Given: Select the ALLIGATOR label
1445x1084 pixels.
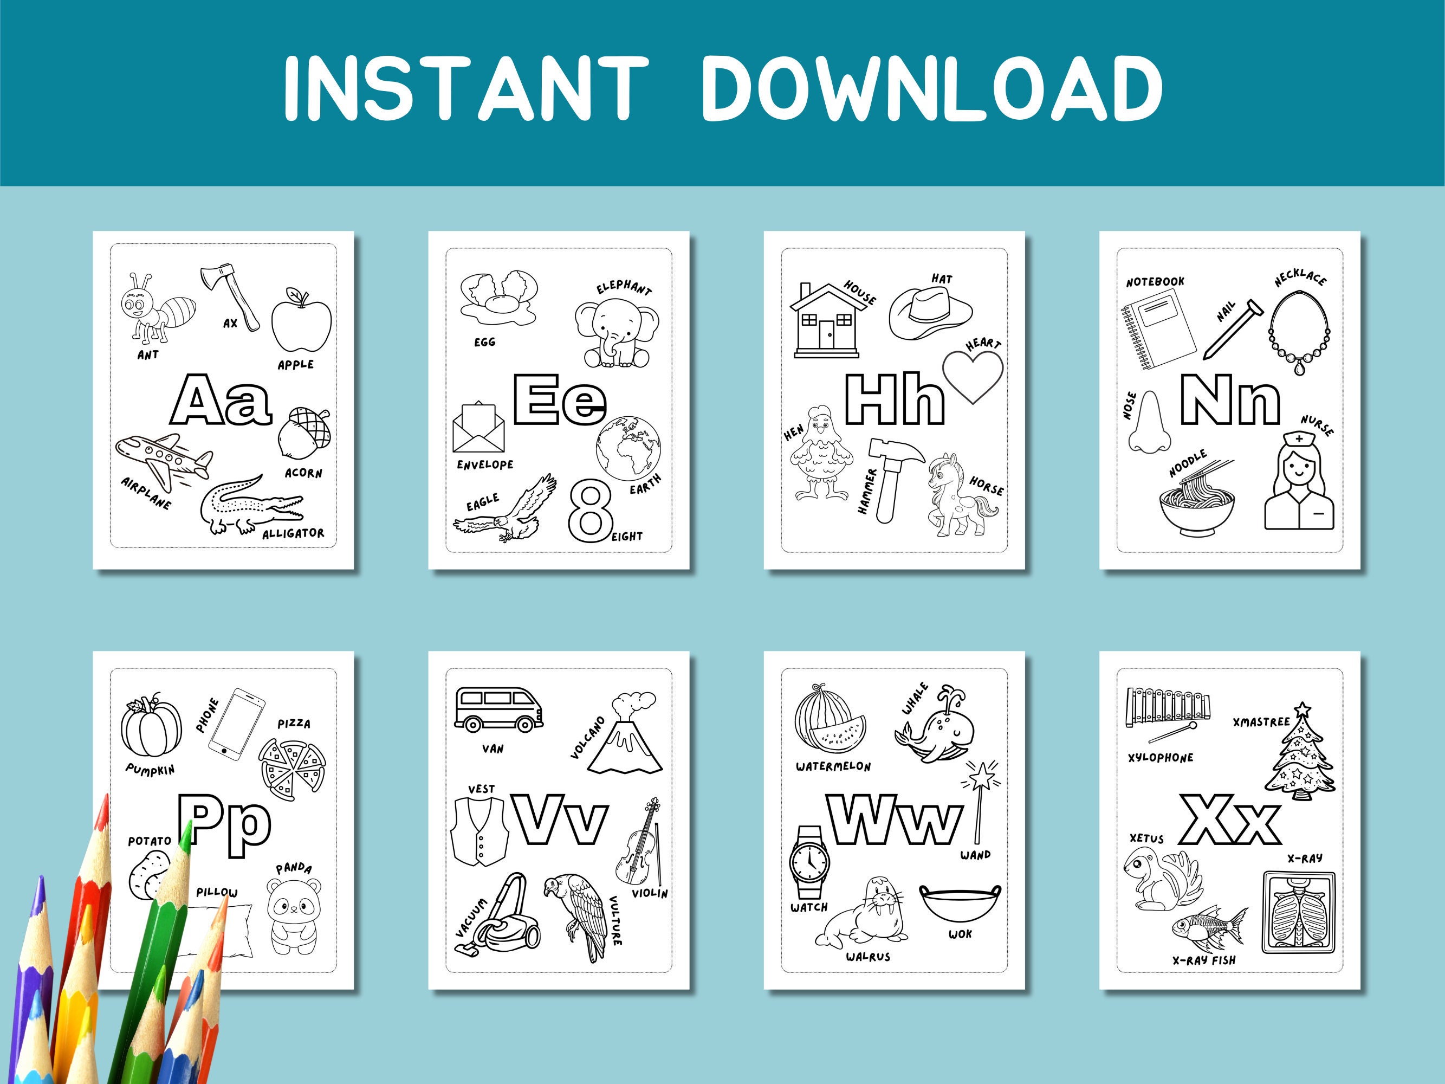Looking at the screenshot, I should click(293, 533).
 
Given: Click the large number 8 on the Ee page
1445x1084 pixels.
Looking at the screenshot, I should click(589, 511).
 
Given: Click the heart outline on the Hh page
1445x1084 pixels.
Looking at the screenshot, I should click(973, 375).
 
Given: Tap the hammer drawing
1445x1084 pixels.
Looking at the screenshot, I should click(892, 477).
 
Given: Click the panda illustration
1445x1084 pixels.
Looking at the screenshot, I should click(293, 915).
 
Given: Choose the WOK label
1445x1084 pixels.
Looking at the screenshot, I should click(960, 934).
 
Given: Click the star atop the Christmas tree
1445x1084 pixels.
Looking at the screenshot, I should click(1303, 709).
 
